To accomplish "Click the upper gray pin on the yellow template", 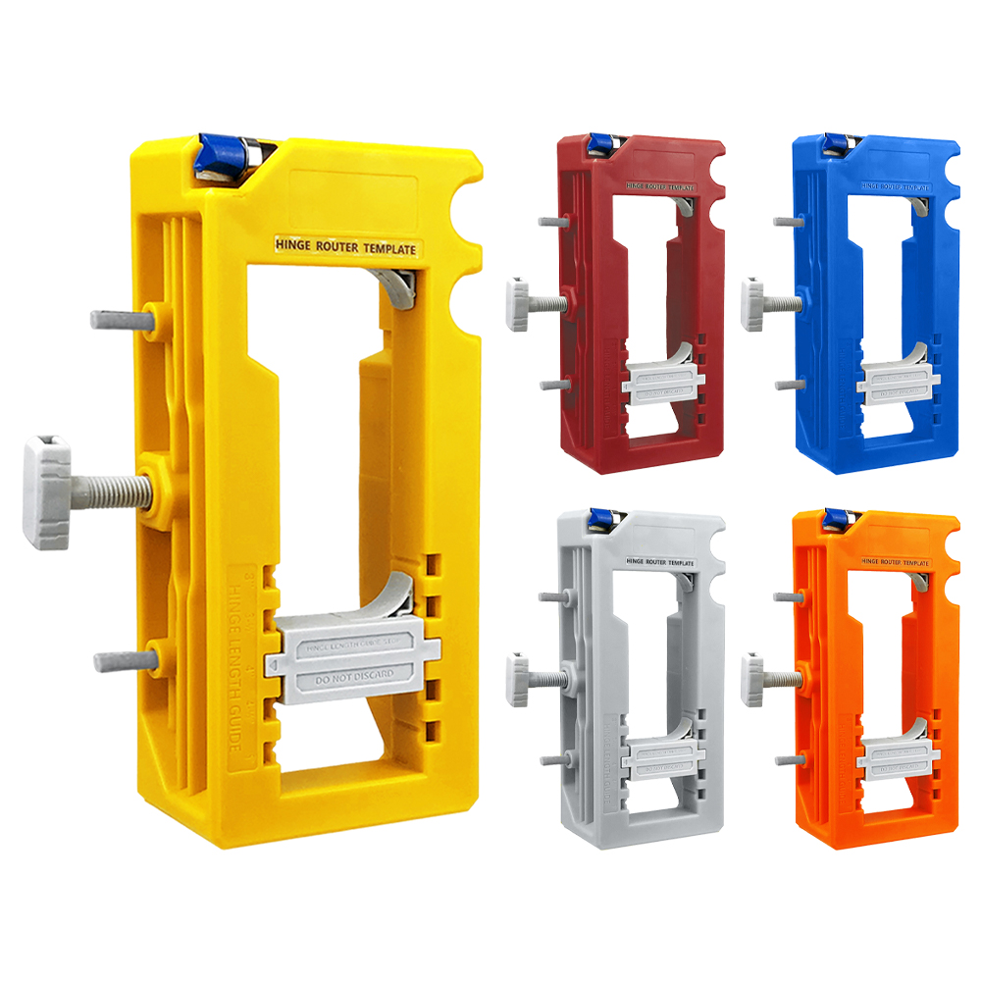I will coord(120,318).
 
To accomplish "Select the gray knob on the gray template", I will coord(519,679).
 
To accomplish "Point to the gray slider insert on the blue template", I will coord(894,381).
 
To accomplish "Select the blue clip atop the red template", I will coord(598,142).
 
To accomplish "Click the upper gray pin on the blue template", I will coord(784,222).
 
